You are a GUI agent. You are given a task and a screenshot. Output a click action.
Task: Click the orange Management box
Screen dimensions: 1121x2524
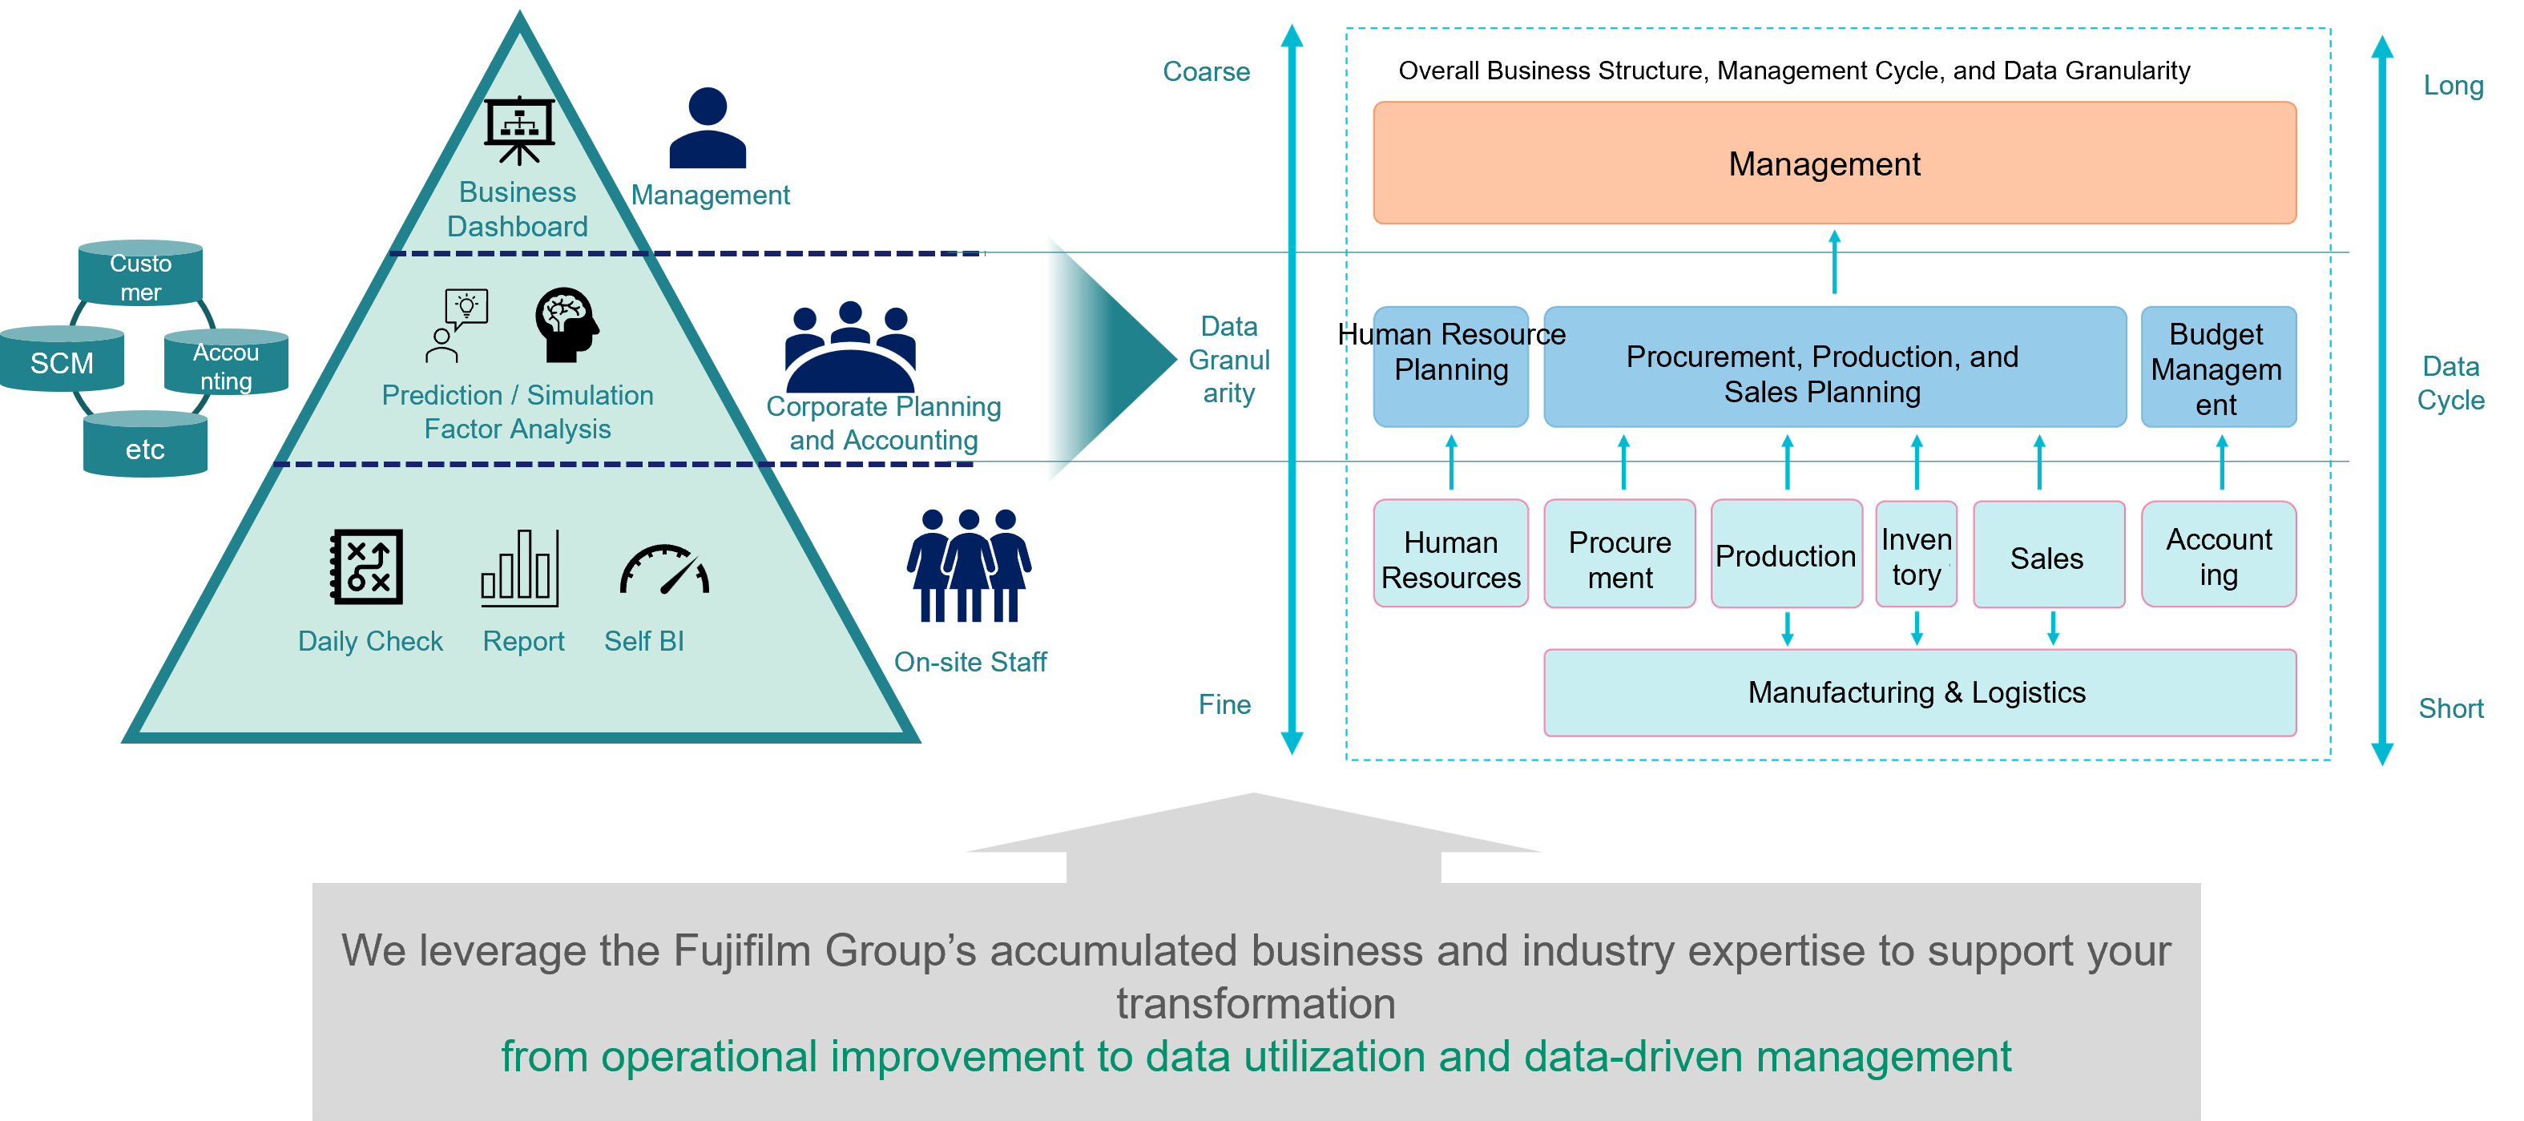[x=1833, y=163]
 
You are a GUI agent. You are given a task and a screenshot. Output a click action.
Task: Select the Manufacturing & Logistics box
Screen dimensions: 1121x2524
[x=1918, y=692]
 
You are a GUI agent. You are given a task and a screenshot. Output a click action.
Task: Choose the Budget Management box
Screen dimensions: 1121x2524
[x=2217, y=368]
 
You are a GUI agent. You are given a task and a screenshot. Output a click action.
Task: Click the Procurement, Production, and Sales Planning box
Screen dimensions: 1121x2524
[x=1833, y=373]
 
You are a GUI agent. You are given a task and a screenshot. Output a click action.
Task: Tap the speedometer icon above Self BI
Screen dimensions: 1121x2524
[x=663, y=571]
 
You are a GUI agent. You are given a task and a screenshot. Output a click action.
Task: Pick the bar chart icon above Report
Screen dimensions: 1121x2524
[x=519, y=567]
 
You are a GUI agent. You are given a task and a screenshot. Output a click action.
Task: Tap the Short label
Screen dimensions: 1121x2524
[x=2449, y=708]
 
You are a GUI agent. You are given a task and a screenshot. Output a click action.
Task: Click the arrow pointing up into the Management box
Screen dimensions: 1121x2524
[x=1834, y=260]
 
